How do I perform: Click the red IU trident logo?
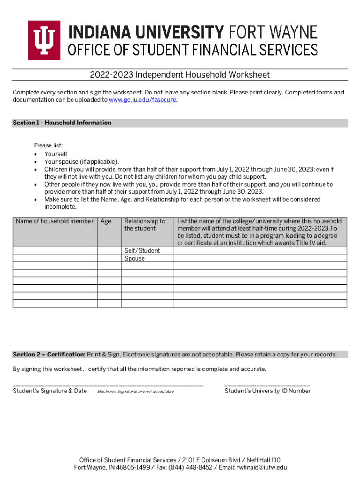[44, 40]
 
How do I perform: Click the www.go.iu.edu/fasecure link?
[143, 100]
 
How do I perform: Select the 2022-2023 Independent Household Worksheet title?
[180, 75]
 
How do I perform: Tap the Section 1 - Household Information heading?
[62, 123]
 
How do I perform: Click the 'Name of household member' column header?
[55, 221]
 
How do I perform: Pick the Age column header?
[106, 221]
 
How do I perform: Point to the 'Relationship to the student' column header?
[144, 225]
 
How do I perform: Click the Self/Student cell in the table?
[142, 251]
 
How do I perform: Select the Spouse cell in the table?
[135, 258]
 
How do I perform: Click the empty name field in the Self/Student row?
[55, 251]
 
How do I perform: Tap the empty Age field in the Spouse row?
[109, 258]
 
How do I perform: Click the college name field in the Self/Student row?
[260, 251]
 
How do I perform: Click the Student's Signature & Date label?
[50, 391]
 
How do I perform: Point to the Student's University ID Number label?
[267, 391]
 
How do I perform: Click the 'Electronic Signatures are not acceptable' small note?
[135, 392]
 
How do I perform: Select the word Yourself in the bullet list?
[56, 154]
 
